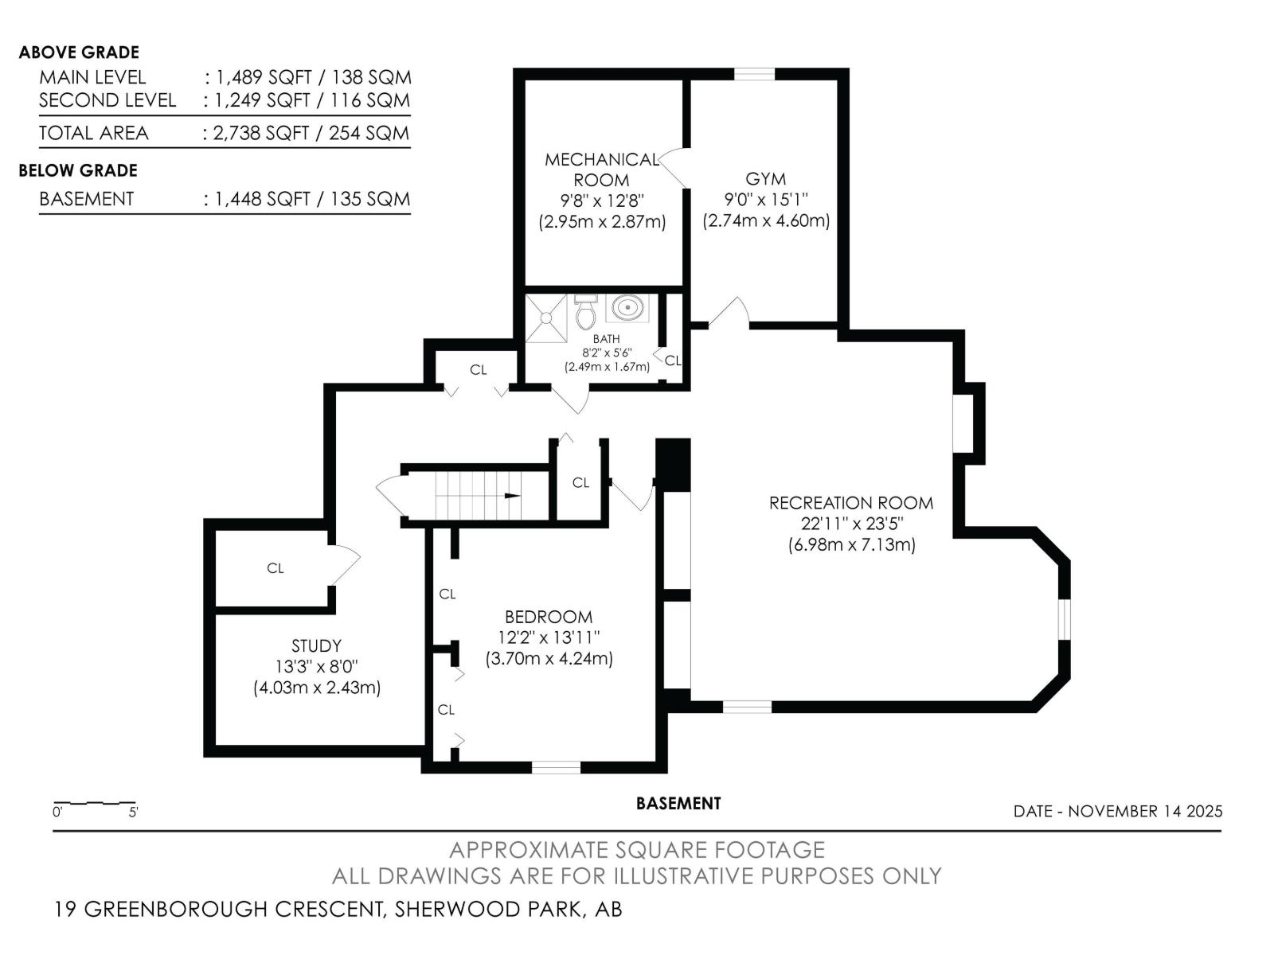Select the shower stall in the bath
(546, 318)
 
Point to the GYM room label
(765, 179)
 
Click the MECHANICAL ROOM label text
(601, 170)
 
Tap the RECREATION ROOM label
(850, 503)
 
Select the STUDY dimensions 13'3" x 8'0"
(316, 667)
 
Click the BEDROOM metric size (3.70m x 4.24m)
(549, 659)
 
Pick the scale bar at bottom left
(94, 802)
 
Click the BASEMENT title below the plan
(678, 804)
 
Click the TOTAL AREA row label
(94, 133)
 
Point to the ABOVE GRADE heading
(79, 53)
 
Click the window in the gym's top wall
(754, 75)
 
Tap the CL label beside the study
(275, 568)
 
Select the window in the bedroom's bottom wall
(556, 767)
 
